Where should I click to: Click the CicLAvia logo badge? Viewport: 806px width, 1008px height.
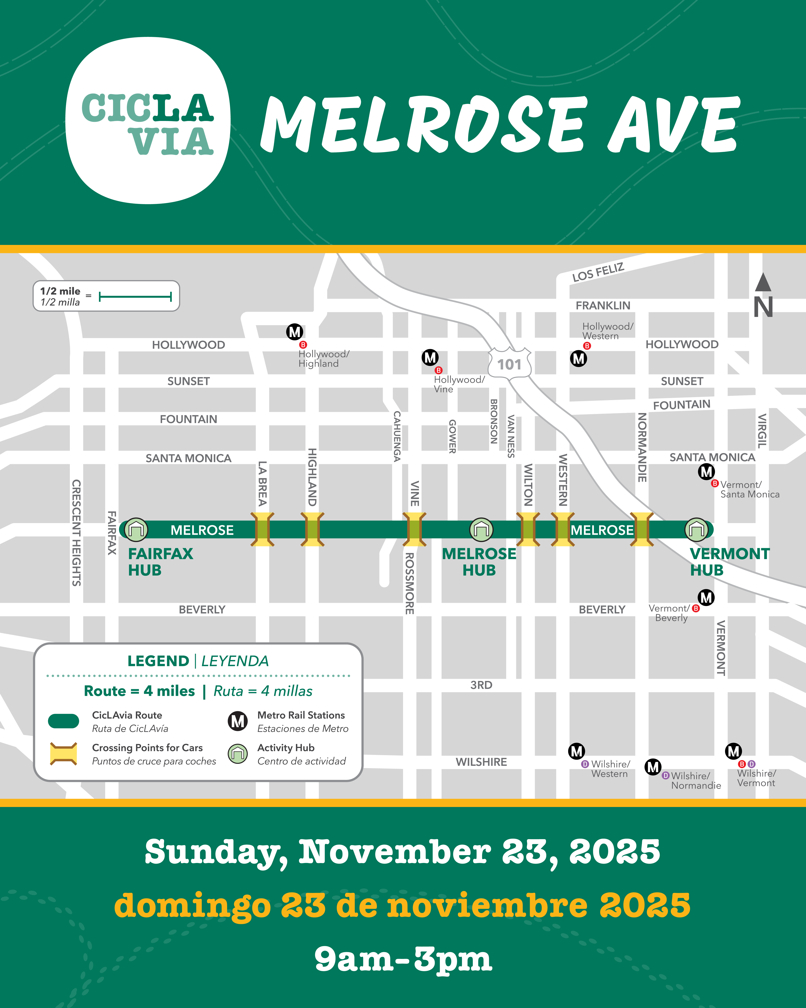tap(148, 121)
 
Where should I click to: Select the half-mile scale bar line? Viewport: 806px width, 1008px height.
tap(135, 296)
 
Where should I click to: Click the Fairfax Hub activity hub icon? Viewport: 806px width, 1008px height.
tap(136, 530)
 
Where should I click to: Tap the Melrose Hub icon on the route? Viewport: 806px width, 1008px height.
tap(481, 530)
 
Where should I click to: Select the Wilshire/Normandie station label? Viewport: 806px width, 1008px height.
tap(695, 780)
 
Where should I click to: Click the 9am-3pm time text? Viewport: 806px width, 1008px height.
tap(403, 959)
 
